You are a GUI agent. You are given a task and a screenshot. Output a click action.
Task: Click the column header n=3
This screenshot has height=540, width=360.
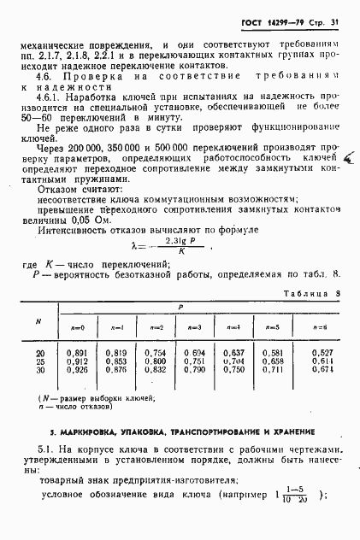(x=194, y=327)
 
